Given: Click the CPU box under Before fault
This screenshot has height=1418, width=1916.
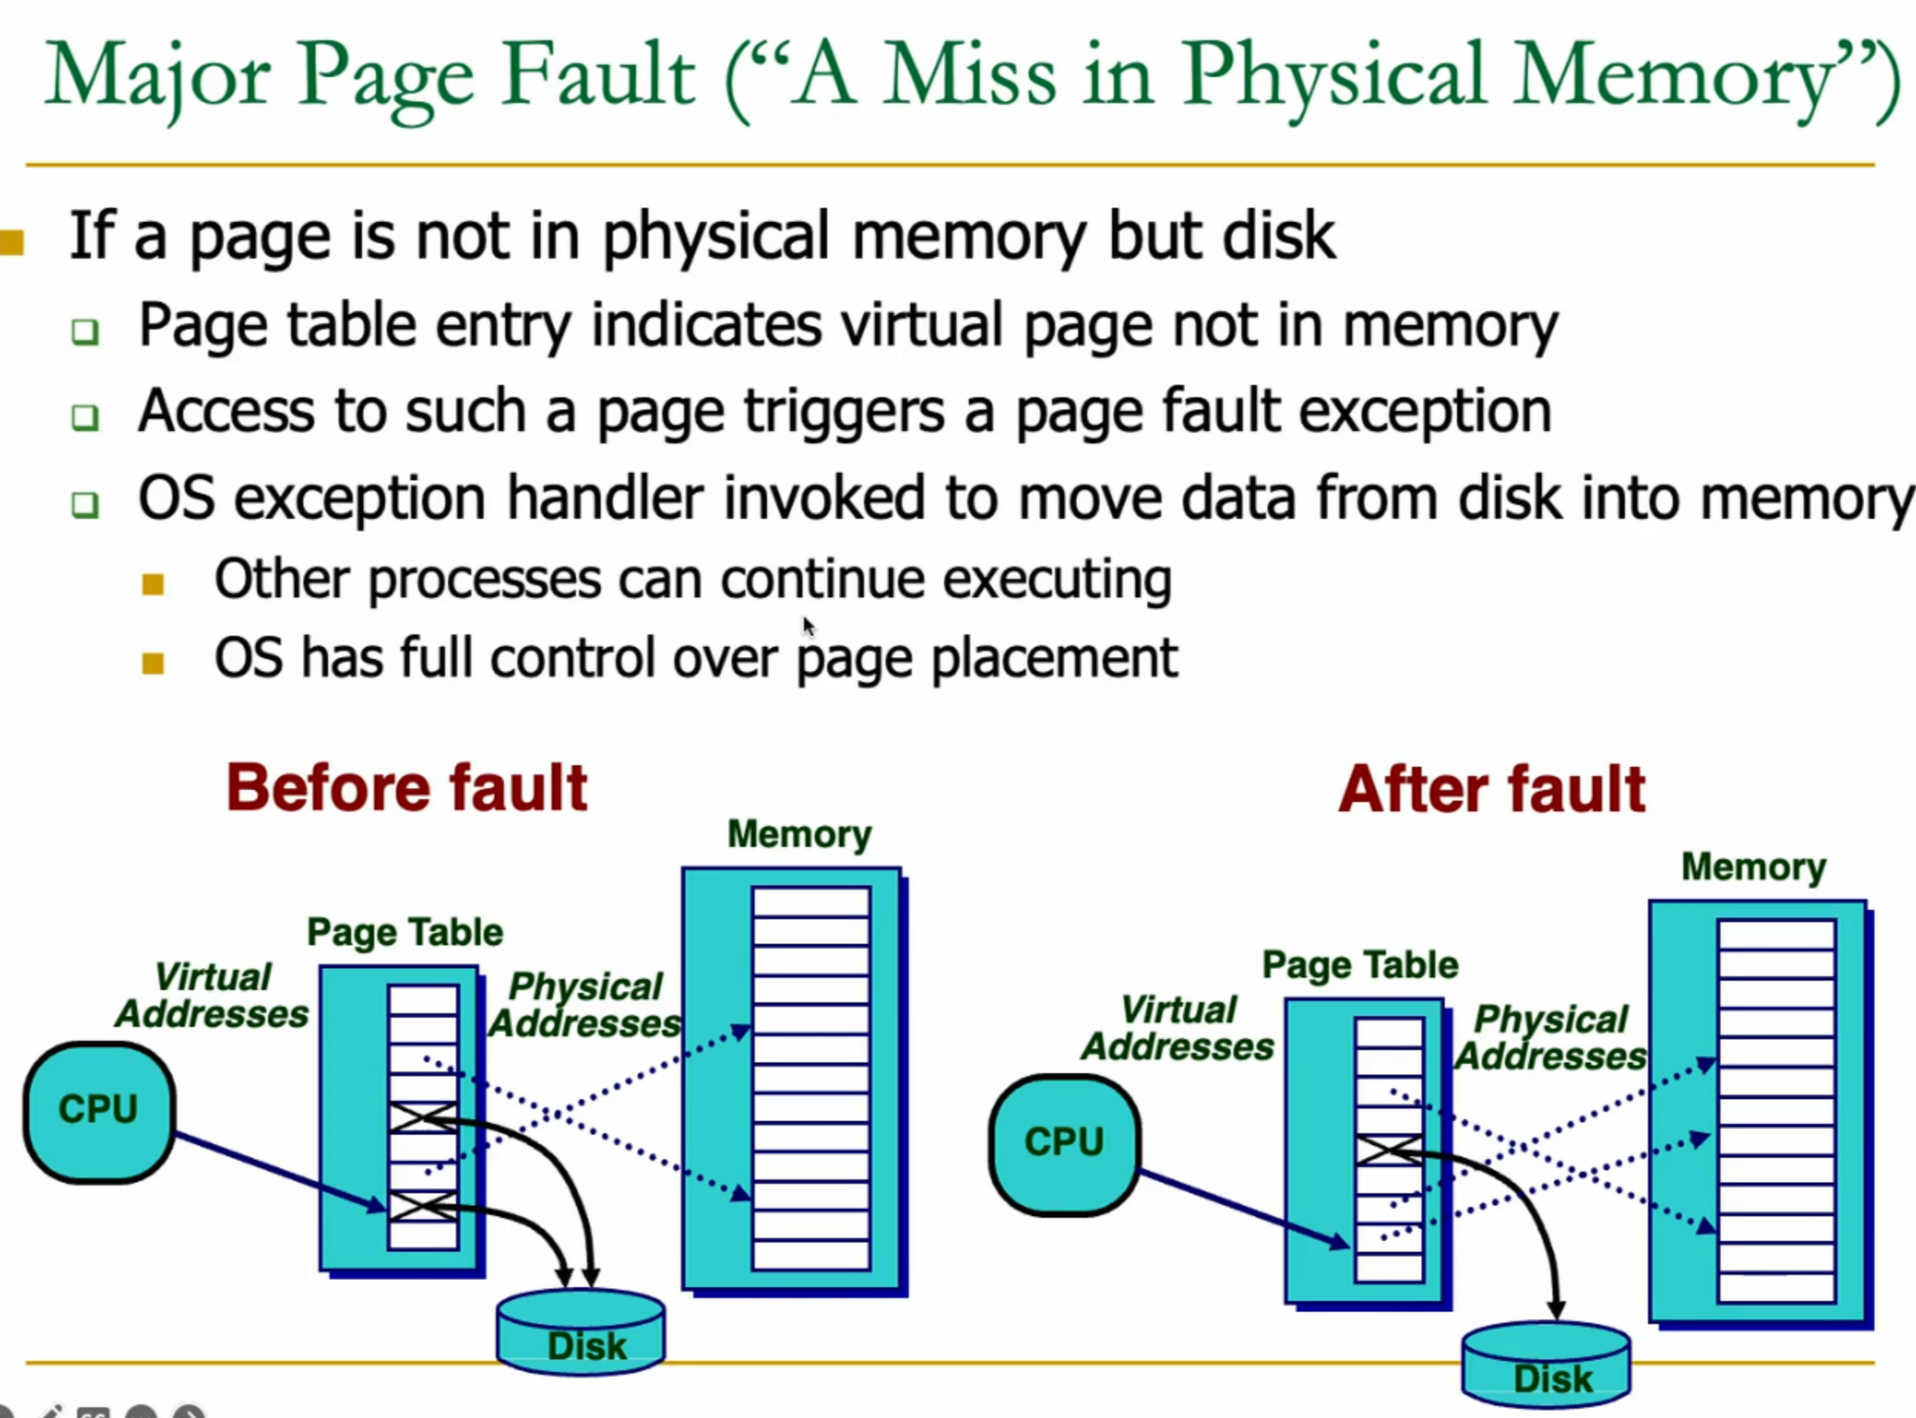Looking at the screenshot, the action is pos(99,1112).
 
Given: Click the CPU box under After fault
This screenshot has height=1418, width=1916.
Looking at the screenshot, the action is pos(1065,1145).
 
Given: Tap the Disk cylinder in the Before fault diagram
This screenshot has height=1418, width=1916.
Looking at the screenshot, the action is pos(581,1331).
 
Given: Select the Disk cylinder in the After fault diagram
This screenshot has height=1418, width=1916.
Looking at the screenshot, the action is pos(1546,1364).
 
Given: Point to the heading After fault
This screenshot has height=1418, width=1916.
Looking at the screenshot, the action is pos(1492,789).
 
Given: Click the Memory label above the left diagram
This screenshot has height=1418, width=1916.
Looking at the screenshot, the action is pos(799,834).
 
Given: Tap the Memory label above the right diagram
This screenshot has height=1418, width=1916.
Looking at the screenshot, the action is pos(1753,867).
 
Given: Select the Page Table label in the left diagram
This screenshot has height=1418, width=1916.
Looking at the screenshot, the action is pos(405,932).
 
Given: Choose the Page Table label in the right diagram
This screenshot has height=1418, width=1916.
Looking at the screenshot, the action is pos(1361,965).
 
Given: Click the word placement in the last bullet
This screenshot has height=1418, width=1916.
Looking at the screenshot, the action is pos(1054,659).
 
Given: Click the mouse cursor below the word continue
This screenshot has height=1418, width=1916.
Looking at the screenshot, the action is pos(809,627).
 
